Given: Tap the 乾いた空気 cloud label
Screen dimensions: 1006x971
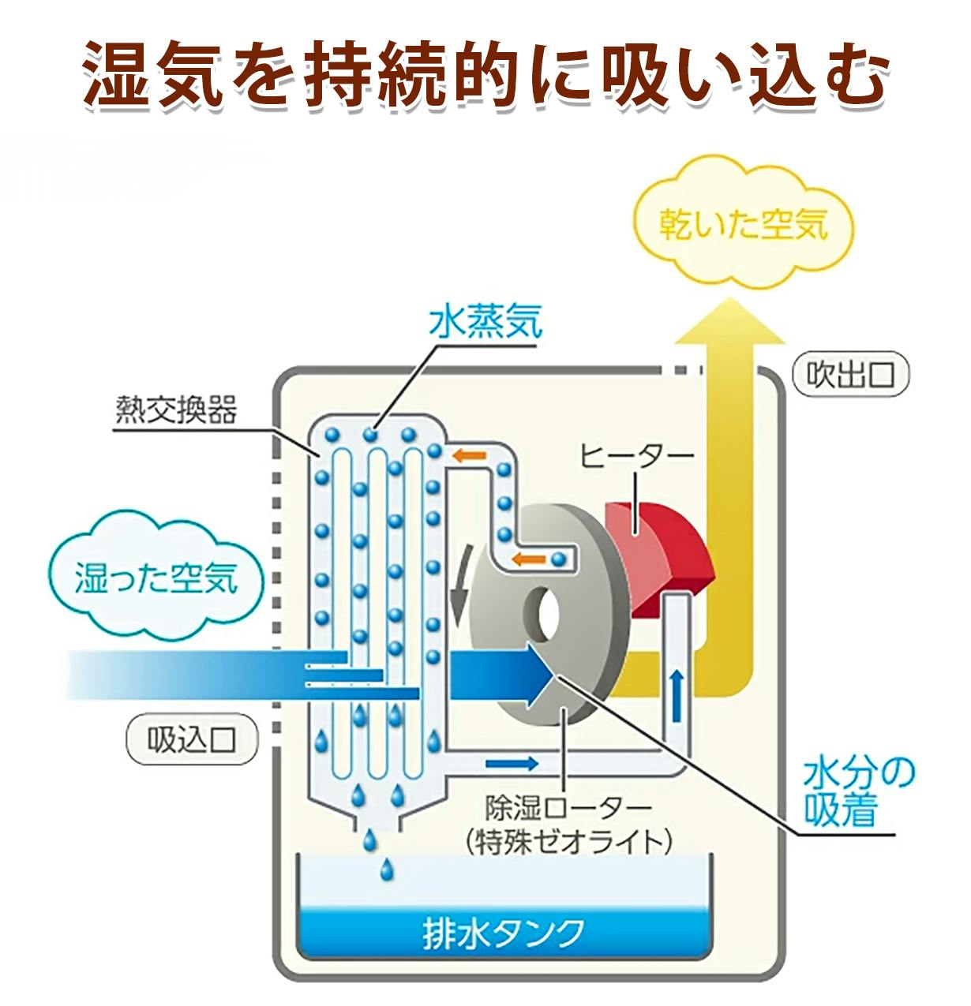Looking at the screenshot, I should click(743, 226).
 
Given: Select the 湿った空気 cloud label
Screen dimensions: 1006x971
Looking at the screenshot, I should click(156, 578).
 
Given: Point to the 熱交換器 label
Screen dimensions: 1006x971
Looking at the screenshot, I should click(176, 410).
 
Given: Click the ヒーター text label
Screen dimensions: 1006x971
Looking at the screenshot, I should click(636, 456).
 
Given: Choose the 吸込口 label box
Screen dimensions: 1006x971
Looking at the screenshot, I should click(192, 740).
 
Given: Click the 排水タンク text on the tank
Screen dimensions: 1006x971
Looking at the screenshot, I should click(504, 933).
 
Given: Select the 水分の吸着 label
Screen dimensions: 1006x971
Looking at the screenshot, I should click(857, 790).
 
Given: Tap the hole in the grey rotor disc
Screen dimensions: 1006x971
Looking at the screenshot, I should click(545, 611).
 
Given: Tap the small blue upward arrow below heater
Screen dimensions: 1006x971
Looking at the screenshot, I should click(677, 694).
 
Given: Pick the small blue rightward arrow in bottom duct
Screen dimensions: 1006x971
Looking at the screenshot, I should click(512, 763).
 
